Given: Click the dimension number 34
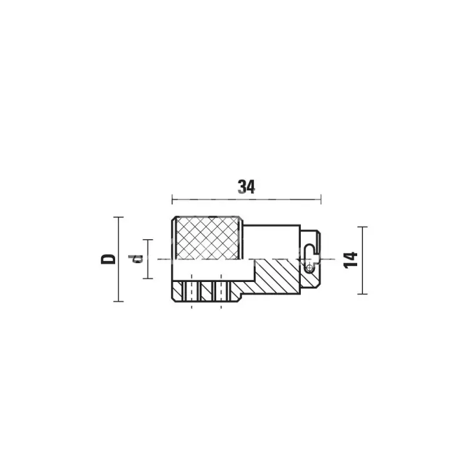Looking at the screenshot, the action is point(246,187).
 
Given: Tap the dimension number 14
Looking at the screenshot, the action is point(351,260).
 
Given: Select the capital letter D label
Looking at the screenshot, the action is point(108,259).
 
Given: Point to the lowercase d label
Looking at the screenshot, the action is point(135,258).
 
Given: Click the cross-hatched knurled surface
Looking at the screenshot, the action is point(207,238).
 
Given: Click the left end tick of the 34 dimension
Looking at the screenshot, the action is point(172,199).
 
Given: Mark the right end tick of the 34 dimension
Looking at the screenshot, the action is point(321,199).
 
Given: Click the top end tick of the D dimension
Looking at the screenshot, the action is point(119,217).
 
